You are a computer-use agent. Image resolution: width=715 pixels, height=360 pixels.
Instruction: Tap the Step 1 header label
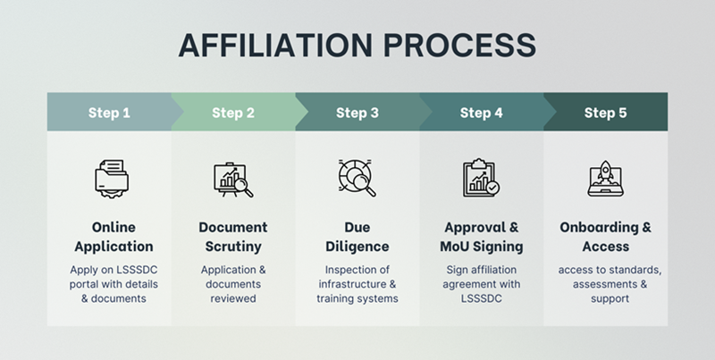(x=109, y=113)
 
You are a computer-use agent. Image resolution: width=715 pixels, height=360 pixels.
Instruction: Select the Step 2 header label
(x=233, y=113)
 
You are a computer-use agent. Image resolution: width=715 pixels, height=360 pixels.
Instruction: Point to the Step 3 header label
(x=357, y=113)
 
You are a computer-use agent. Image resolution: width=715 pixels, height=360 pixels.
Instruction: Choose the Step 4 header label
(x=481, y=113)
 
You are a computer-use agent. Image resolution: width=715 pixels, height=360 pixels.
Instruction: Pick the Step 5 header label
(x=605, y=113)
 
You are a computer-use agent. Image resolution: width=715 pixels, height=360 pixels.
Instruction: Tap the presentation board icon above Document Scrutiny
(x=233, y=179)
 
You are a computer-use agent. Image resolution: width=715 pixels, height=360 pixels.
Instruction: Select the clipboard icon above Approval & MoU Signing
(x=481, y=178)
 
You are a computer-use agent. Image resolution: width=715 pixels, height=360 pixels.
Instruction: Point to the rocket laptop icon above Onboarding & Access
(x=606, y=178)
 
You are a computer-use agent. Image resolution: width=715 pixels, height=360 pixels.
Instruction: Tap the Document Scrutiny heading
(x=233, y=236)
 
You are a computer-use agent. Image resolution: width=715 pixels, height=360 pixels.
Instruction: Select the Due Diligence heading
(x=357, y=236)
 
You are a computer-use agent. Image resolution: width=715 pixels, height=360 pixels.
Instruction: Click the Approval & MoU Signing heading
(x=481, y=236)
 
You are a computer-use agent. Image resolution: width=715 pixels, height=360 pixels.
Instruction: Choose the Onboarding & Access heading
(x=606, y=236)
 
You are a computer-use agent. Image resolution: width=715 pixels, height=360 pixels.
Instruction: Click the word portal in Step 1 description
(x=83, y=283)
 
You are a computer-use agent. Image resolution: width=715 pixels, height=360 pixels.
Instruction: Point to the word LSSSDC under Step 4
(x=481, y=298)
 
